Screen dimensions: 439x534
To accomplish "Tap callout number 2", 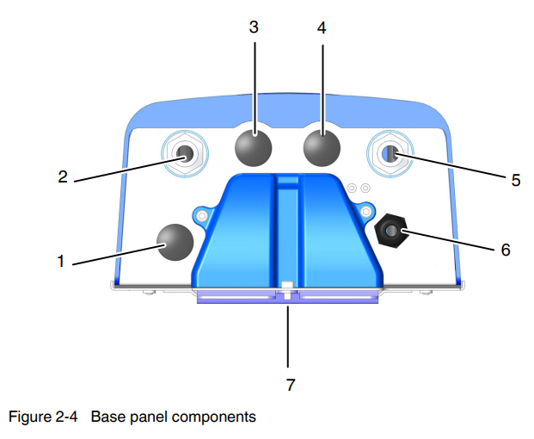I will point(63,177).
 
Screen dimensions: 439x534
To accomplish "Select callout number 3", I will point(254,27).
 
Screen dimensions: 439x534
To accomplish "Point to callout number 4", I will point(322,27).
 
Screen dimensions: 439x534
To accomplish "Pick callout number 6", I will point(506,250).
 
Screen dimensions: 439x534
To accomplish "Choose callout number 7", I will point(290,385).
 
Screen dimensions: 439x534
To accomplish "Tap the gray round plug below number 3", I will point(253,145).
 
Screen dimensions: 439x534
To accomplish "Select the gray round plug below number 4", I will point(322,145).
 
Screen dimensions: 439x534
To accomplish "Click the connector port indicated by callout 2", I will point(185,153).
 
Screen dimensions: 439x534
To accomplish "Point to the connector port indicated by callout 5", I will point(390,153).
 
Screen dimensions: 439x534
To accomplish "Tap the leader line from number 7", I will point(289,336).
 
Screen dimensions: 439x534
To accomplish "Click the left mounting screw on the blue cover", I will point(201,213).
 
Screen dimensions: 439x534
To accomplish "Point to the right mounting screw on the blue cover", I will point(366,211).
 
